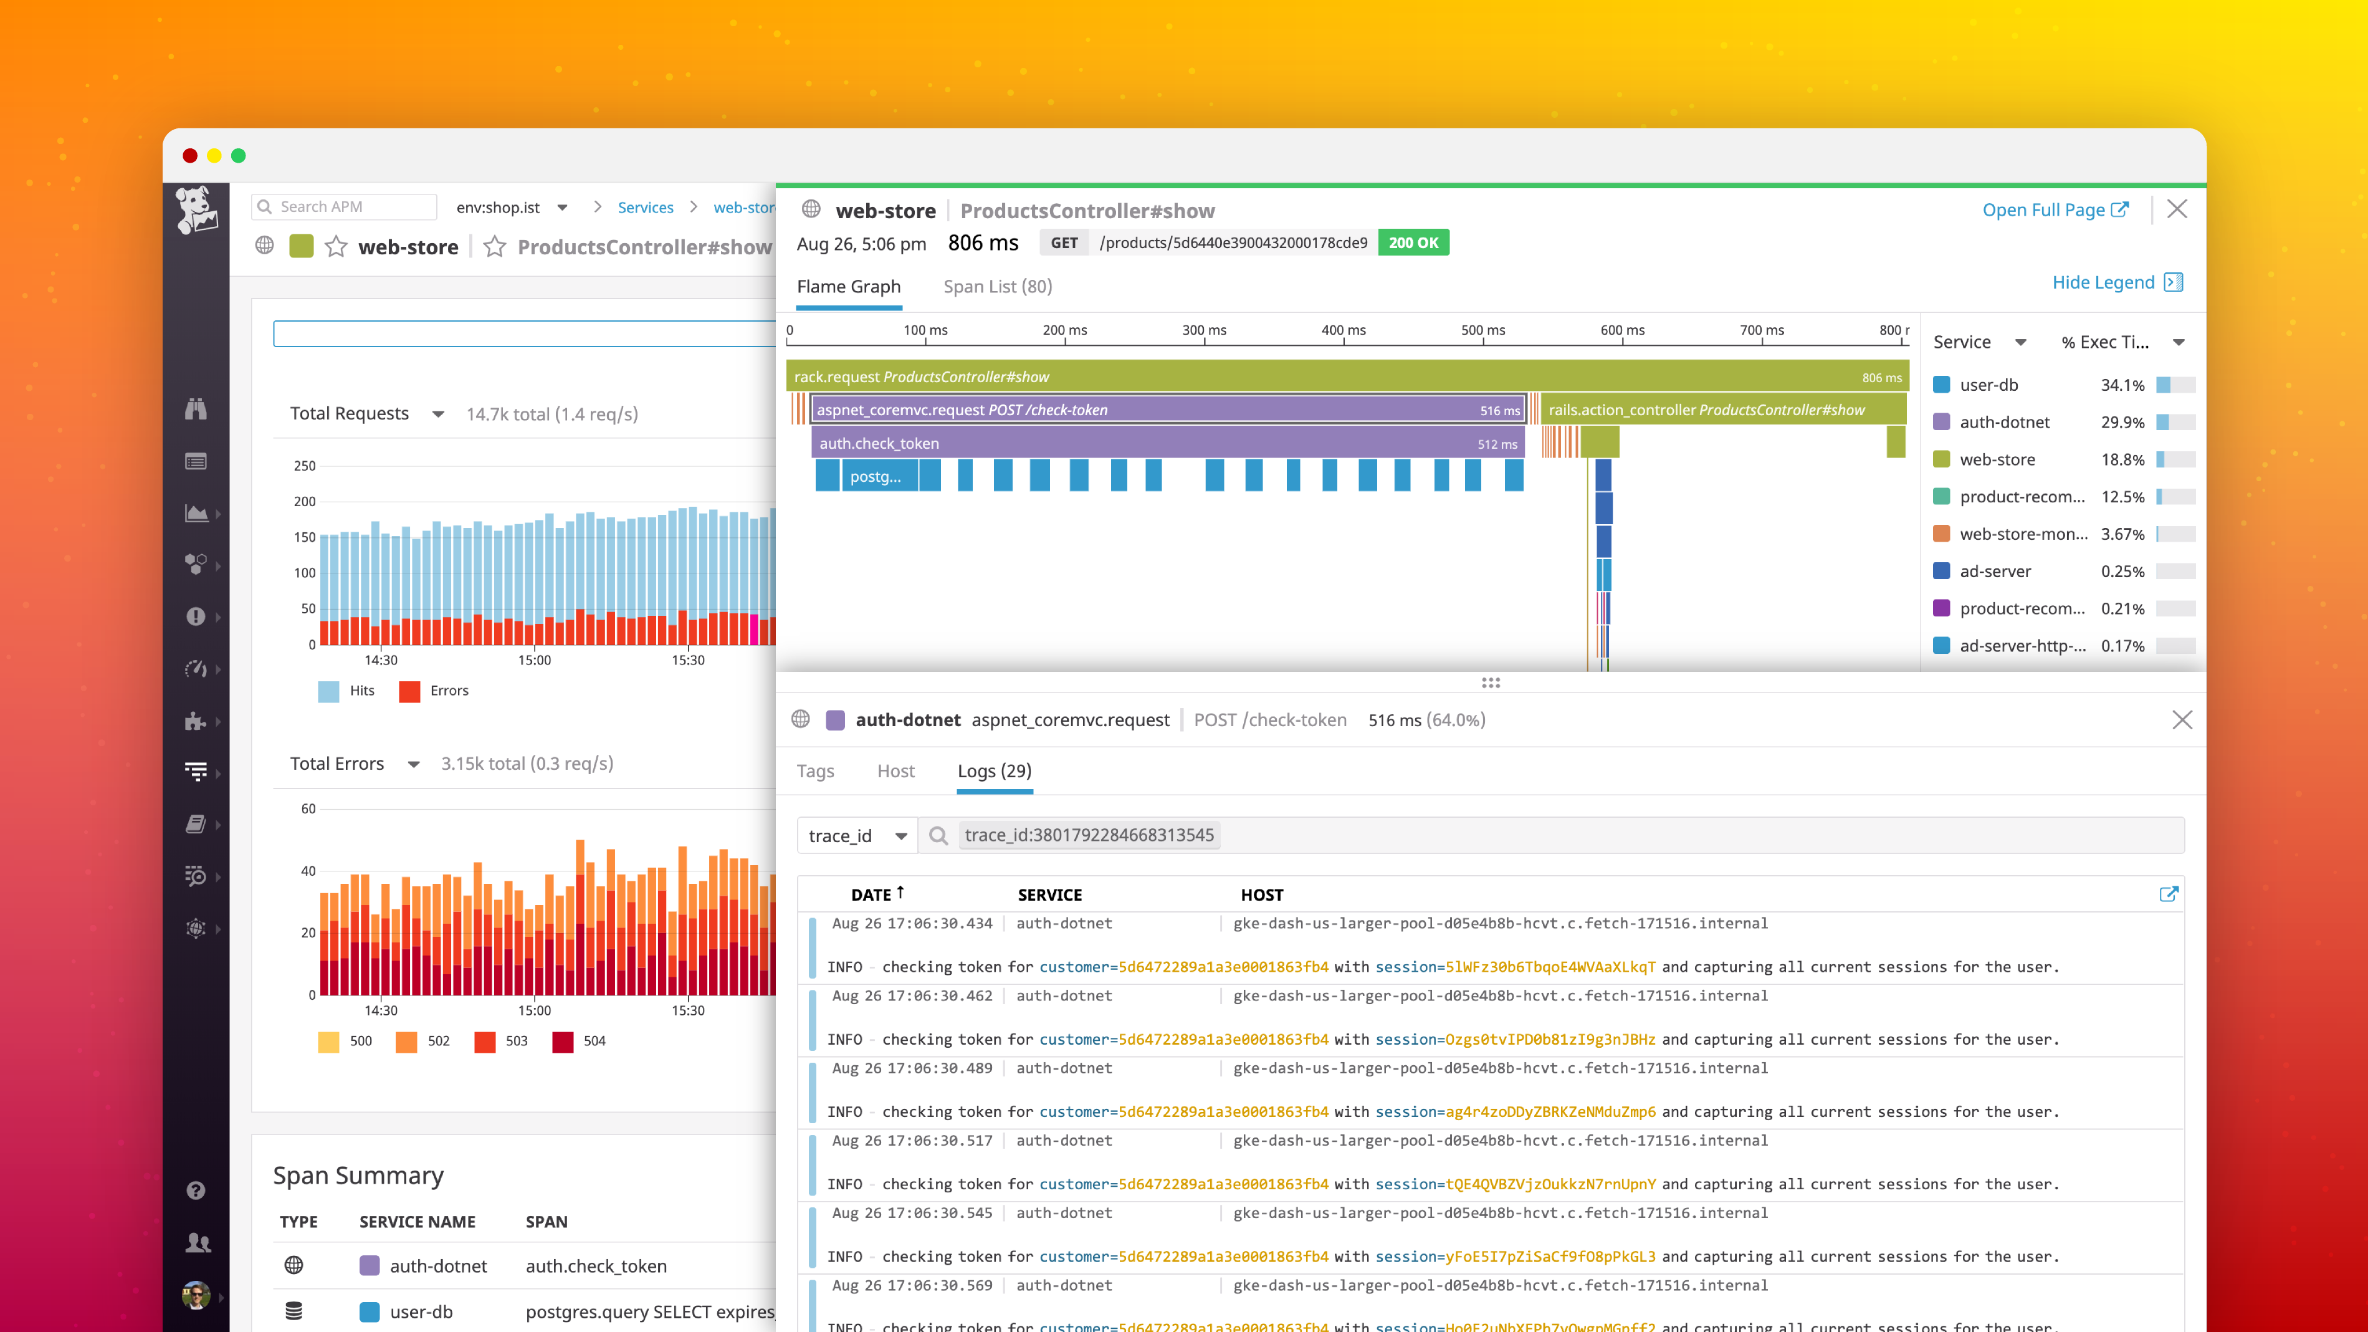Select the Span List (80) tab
[998, 287]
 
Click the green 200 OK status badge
[1413, 242]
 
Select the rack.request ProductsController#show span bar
[1347, 377]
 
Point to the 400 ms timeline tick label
[1343, 330]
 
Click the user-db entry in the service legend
[1988, 385]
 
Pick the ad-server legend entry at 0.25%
[1995, 571]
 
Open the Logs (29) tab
[994, 771]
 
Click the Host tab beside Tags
[895, 771]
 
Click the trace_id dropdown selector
[857, 836]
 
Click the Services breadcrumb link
[646, 208]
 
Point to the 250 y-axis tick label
[304, 466]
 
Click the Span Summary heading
[358, 1176]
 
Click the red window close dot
[190, 155]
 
